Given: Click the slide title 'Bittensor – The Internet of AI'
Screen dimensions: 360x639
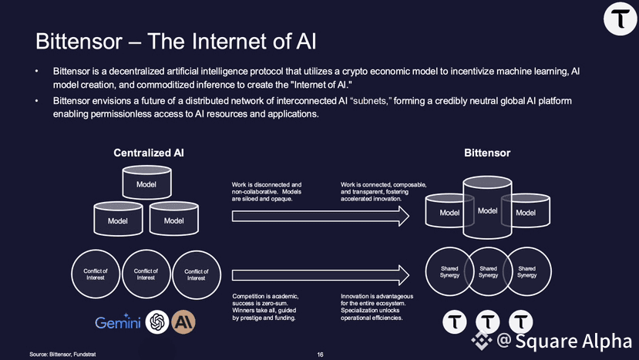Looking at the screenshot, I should pos(177,40).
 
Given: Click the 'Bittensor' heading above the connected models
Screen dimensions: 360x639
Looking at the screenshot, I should pos(487,153).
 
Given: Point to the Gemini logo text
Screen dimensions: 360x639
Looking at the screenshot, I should pos(118,323).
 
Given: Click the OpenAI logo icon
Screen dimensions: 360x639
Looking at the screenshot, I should pos(158,321).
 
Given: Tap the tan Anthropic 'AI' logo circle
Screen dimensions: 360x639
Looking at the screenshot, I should pos(184,321).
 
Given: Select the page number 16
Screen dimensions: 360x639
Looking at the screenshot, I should pos(320,355).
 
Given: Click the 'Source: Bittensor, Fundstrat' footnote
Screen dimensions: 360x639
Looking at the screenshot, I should pos(63,355).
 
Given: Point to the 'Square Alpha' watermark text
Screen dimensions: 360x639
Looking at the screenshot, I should pos(573,341).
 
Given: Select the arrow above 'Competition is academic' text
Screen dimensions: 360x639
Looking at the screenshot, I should pos(320,274).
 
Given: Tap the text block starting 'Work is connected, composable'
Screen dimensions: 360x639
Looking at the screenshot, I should pos(384,191).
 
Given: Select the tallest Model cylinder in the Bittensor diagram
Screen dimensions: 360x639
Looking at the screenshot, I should pos(486,210).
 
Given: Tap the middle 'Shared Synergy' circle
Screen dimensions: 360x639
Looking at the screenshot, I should pos(488,271).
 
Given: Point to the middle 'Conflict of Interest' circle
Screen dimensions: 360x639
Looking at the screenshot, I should pos(146,274).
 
